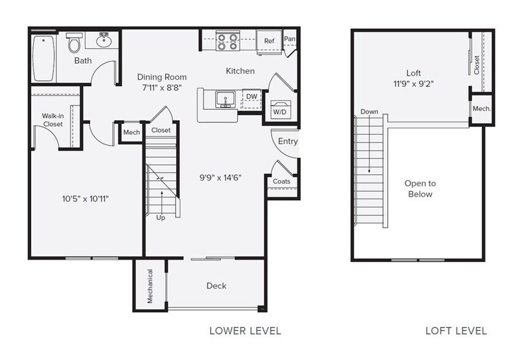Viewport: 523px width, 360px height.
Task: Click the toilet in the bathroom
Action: pos(75,43)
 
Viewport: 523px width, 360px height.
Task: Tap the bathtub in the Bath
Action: pos(43,58)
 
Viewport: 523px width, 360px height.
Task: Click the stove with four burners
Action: pos(228,41)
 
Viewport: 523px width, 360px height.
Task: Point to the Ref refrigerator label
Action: pos(269,41)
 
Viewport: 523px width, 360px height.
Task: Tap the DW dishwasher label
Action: pos(251,96)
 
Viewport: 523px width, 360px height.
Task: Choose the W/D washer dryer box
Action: pos(280,110)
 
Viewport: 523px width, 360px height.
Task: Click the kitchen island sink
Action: pos(224,99)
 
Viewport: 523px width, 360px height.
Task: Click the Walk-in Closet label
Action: pos(53,119)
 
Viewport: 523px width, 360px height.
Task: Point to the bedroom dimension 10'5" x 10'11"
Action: pos(85,198)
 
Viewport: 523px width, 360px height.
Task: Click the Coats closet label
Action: pos(282,181)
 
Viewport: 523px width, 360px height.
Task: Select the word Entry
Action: pos(288,141)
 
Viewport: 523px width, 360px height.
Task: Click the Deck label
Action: pos(216,285)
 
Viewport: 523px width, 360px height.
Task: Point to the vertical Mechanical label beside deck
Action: pos(150,286)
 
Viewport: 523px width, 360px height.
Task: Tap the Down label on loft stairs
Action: pos(369,112)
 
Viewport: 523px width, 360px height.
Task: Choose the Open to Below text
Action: pos(420,189)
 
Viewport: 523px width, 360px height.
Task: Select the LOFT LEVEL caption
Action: pos(456,331)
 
